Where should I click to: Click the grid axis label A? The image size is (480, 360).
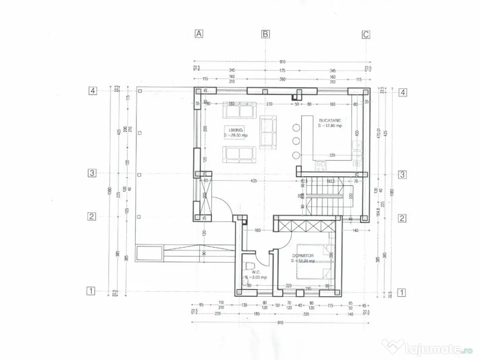199,34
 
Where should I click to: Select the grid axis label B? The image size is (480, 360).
265,34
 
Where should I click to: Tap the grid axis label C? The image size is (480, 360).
366,34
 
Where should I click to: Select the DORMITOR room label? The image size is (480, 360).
302,255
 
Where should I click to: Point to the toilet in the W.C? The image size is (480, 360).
249,267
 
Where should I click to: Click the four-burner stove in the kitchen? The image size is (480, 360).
321,165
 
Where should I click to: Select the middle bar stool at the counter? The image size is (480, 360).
296,141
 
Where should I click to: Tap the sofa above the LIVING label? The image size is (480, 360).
240,111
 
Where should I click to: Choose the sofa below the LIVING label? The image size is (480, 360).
240,154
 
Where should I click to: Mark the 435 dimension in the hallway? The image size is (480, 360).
253,180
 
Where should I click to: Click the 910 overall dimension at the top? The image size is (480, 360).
282,61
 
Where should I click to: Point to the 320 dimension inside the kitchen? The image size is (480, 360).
332,155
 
